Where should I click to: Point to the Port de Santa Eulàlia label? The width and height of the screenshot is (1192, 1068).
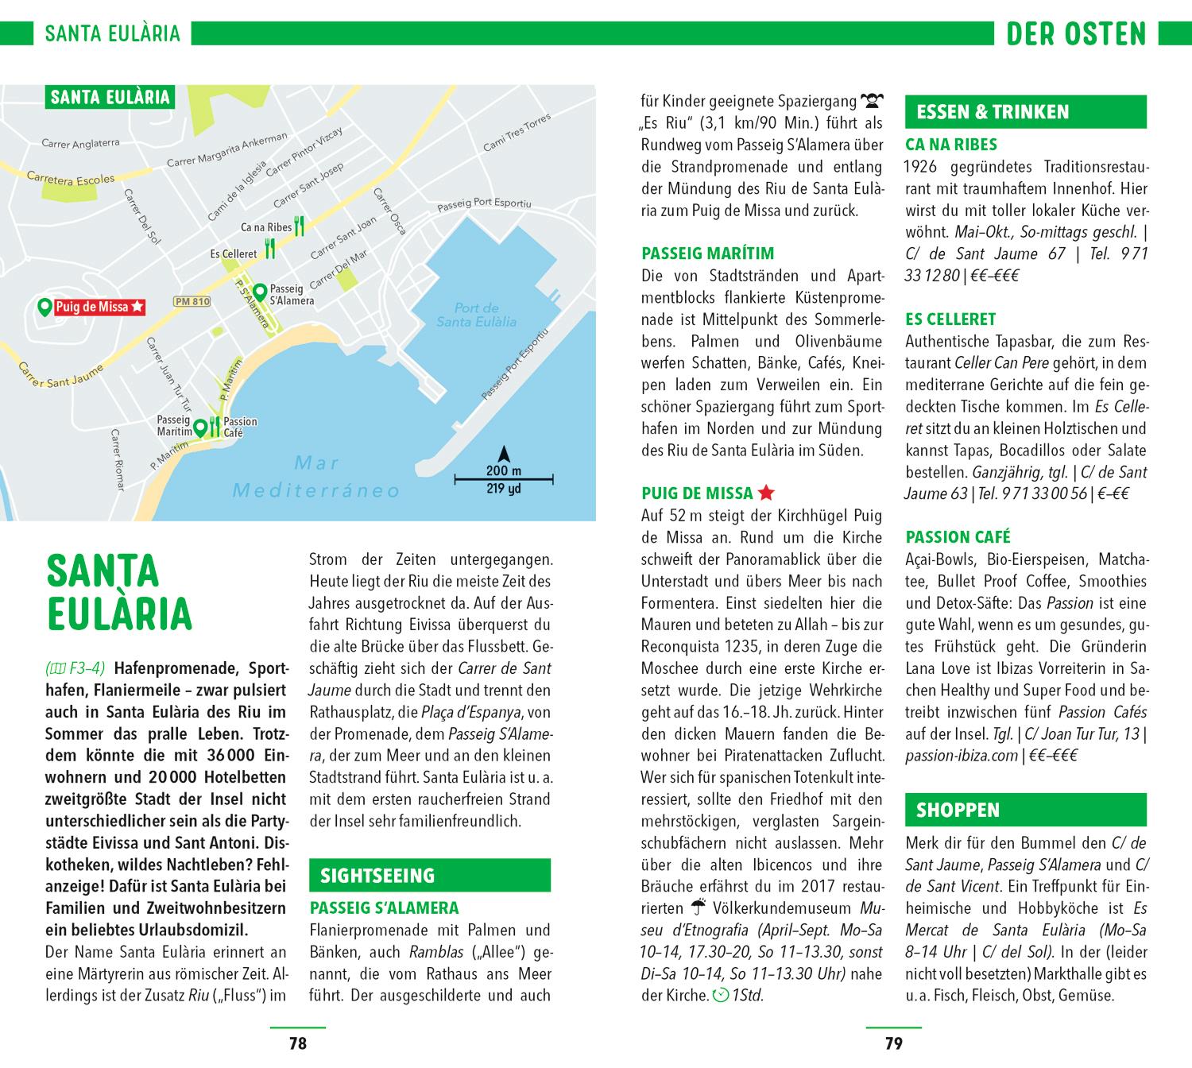coord(477,315)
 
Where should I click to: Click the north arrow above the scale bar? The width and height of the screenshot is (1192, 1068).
coord(503,455)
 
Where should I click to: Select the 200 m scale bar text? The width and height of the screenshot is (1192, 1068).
coord(503,470)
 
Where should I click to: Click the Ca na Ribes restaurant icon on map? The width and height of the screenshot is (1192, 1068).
coord(299,227)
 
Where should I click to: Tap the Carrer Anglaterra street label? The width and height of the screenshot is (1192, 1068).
coord(80,144)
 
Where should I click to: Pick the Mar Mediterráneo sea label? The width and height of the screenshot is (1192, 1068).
coord(316,477)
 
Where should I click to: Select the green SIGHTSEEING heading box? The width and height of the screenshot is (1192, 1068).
coord(429,876)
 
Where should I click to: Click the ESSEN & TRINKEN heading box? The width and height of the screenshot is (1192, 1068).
coord(1025,112)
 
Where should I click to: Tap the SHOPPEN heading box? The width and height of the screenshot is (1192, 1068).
coord(1025,810)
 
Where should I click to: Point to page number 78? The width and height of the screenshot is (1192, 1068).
coord(298,1043)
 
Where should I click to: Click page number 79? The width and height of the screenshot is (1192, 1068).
coord(894,1043)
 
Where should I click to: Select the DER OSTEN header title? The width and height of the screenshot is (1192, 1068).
coord(1076,34)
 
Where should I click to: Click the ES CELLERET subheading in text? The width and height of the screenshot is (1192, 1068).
coord(950,319)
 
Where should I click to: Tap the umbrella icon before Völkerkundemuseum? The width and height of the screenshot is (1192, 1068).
coord(699,907)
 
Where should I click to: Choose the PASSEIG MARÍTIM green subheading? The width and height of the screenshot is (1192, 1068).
coord(707,254)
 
